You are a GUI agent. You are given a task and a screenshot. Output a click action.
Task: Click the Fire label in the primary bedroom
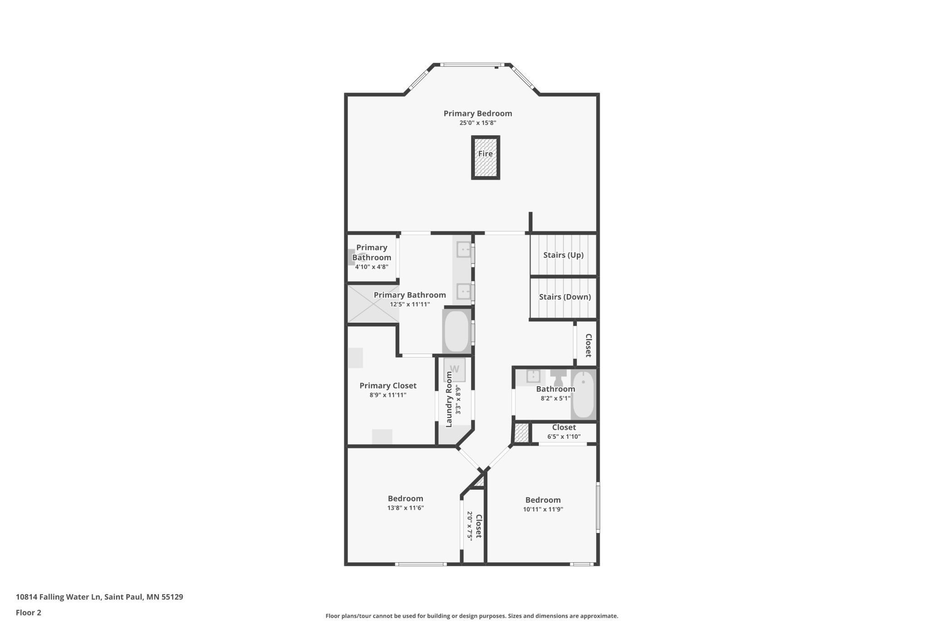(485, 154)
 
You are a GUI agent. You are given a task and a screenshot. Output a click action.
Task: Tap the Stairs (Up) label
(563, 255)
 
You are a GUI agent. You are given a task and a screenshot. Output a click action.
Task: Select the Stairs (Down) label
(565, 297)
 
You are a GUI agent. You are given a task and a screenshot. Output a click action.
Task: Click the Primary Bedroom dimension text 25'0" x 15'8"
(477, 123)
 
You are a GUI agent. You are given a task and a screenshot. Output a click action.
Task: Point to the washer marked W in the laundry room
(454, 369)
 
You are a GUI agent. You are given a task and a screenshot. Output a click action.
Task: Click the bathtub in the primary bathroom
(457, 331)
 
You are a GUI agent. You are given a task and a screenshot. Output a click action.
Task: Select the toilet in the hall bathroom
(558, 378)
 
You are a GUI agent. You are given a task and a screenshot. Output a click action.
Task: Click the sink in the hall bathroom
(533, 376)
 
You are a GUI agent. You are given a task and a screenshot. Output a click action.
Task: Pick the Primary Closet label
(388, 386)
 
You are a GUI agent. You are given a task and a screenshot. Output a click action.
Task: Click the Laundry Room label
(449, 399)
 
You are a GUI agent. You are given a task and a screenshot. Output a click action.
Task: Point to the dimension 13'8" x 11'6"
(405, 508)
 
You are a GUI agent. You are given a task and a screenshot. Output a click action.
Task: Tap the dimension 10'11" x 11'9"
(543, 509)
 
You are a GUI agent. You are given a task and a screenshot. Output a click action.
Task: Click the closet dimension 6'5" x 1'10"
(564, 437)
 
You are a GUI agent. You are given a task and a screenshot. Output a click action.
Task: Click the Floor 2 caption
(29, 613)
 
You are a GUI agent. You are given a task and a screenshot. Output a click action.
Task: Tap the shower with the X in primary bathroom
(373, 303)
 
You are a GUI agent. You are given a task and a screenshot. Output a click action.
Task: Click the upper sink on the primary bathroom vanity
(463, 250)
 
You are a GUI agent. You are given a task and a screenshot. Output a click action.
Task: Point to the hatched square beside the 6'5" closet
(521, 433)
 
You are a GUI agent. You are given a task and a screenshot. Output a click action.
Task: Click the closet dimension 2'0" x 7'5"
(470, 526)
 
